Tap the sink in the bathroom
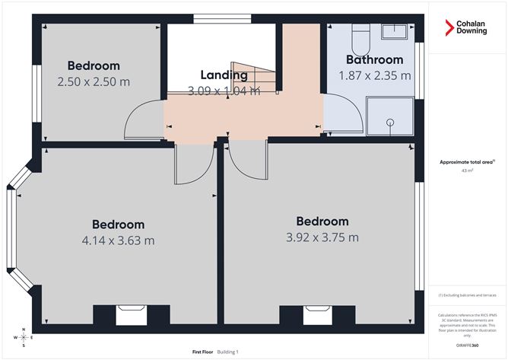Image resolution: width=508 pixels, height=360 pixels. click(x=395, y=33)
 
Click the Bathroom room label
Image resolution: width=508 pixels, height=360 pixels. click(x=374, y=59)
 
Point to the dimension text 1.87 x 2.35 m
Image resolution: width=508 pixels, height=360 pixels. click(x=374, y=75)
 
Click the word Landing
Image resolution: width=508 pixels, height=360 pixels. click(x=224, y=75)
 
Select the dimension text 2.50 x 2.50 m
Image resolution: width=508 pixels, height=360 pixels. click(x=94, y=81)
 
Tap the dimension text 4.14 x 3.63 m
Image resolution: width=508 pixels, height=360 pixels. click(x=118, y=241)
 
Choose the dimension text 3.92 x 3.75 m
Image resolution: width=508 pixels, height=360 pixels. click(x=322, y=237)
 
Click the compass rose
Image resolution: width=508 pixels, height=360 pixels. click(x=24, y=336)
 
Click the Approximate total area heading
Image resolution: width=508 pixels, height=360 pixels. click(x=465, y=161)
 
